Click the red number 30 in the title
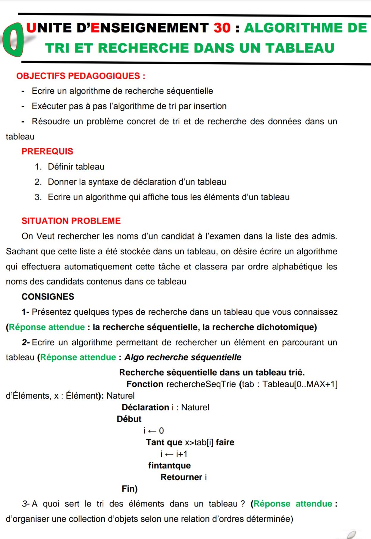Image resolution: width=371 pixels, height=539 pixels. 222,28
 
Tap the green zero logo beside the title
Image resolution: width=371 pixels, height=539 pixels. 13,41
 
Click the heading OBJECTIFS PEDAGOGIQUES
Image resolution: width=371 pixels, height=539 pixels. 80,76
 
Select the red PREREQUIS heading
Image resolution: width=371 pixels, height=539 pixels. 47,151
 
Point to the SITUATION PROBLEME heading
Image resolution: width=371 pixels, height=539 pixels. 71,221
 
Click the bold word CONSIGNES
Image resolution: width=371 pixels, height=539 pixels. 48,297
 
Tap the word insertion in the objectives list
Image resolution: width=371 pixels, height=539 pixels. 210,106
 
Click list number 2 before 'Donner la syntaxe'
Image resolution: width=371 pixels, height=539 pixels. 38,182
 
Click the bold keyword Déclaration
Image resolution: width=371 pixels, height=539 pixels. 145,407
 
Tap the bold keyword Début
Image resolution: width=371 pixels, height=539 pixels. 129,419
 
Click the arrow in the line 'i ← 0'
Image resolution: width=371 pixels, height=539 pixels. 152,431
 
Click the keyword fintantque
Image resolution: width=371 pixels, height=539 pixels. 169,466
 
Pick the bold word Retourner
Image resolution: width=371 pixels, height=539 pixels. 181,477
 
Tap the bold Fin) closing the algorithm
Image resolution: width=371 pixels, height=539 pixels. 130,489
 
